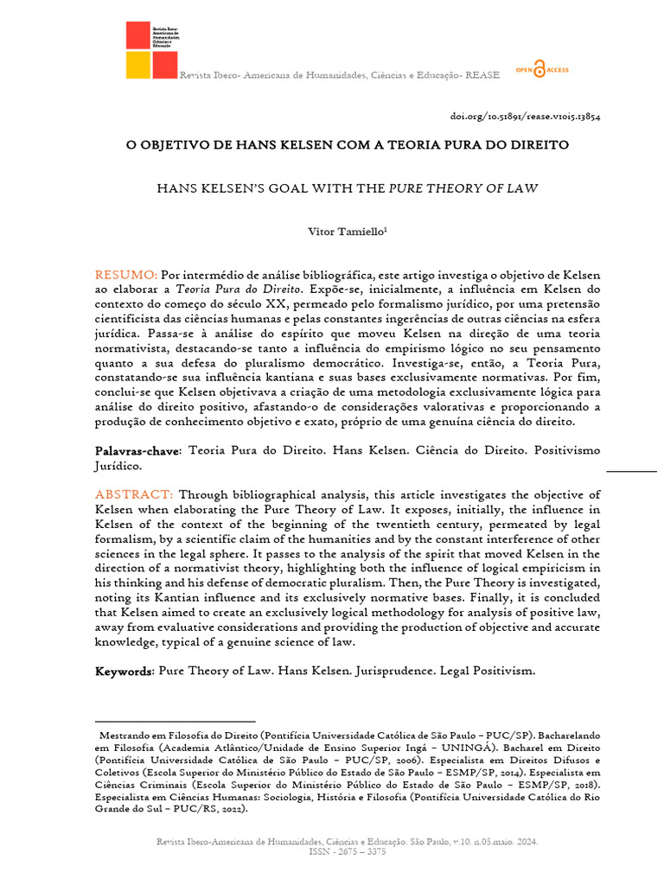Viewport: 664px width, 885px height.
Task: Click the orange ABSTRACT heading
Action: (x=134, y=494)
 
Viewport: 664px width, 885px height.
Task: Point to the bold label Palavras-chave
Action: (x=137, y=451)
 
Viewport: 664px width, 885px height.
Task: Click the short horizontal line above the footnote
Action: (x=176, y=720)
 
